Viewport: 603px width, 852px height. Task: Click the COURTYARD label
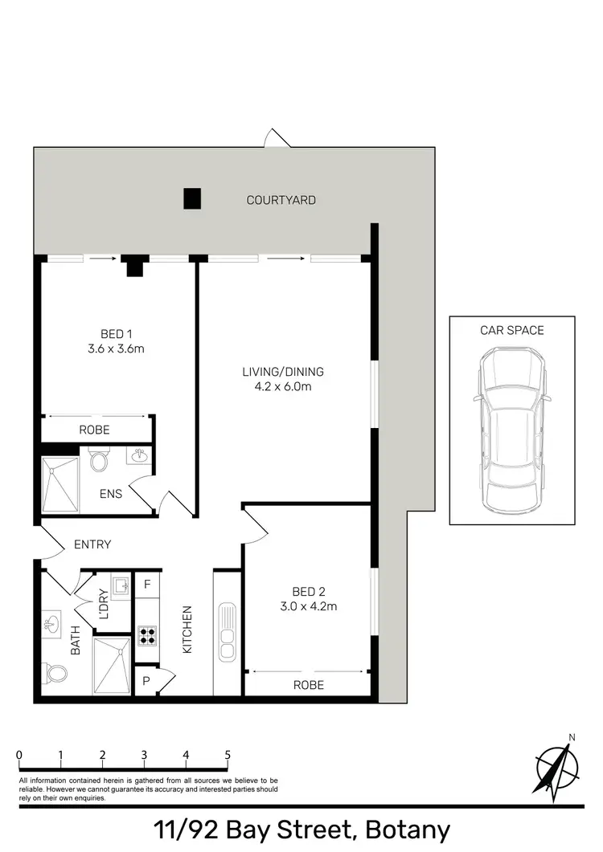point(281,200)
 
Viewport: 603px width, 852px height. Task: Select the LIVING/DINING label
point(282,372)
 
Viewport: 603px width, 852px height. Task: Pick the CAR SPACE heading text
point(511,330)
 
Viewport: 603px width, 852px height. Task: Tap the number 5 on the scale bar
point(228,755)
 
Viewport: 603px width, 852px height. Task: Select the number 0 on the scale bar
point(18,755)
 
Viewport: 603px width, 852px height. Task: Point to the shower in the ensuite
point(60,483)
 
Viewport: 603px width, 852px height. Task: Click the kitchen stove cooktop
point(147,636)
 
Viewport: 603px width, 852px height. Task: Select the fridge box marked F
point(146,584)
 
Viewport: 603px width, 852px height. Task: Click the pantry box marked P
point(146,680)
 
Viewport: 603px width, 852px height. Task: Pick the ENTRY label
point(92,544)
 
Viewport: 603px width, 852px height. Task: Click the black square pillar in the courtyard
point(191,198)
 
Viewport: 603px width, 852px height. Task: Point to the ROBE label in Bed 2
point(308,685)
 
